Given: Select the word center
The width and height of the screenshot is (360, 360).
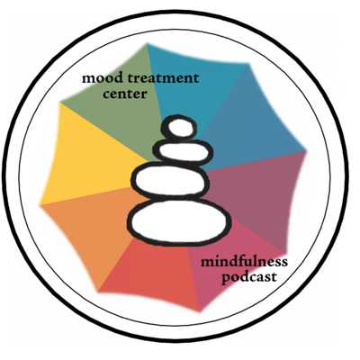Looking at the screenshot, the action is [x=125, y=94].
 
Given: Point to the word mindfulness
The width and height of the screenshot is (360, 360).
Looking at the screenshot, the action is [x=244, y=261].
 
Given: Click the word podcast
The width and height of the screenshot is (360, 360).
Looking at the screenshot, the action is [x=248, y=277].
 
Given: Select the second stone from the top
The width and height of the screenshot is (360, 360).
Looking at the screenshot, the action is [x=184, y=151].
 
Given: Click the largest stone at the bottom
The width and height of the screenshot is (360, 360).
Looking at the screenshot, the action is [x=179, y=221].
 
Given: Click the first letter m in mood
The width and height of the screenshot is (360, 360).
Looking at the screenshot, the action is [x=87, y=79].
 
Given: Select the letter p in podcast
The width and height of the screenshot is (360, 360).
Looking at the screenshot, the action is [x=225, y=279].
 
